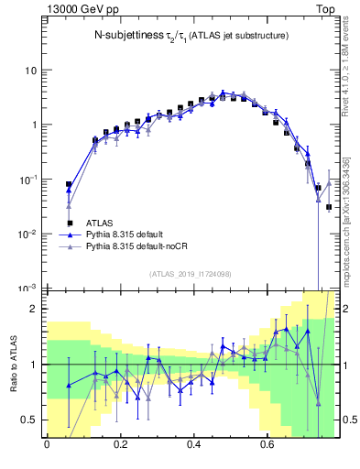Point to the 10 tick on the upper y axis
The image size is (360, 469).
(x=31, y=71)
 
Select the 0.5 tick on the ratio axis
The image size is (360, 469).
(x=29, y=420)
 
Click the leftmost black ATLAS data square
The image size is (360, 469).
(x=69, y=185)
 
